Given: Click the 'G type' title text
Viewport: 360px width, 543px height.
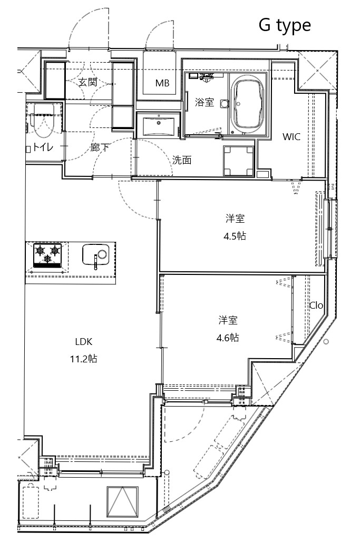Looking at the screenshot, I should point(285,25).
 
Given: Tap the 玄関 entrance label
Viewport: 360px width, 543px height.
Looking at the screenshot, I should point(88,82).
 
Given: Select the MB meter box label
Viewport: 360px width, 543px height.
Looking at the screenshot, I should point(162,83).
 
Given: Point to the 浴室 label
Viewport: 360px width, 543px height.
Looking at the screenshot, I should point(204,102).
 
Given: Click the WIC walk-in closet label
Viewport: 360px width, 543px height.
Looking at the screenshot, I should point(291,137).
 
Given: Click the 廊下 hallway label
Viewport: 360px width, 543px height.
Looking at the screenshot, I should point(100,147).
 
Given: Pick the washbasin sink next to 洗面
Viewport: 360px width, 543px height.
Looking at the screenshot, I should point(160,126).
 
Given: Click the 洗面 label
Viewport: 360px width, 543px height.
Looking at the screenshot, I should point(182,160).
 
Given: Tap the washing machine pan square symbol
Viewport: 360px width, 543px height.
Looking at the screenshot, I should point(238,160).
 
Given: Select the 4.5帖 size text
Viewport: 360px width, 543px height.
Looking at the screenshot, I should point(235,236).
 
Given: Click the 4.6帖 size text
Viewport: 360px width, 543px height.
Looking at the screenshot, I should point(228,338).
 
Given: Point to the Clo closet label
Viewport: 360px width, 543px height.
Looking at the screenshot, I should point(316,305).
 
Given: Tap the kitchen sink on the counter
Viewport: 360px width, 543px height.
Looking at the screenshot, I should point(95,255).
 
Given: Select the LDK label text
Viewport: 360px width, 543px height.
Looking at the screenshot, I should point(84,342).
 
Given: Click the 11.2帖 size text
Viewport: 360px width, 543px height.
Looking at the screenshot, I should point(83,359).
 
